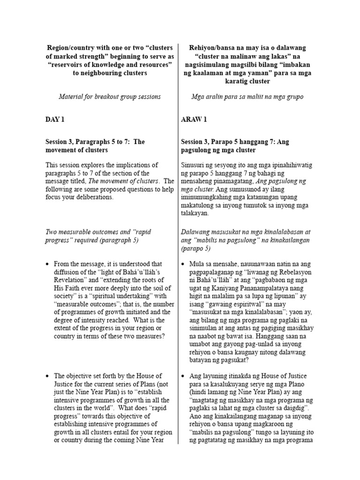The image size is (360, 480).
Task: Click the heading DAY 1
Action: [x=55, y=120]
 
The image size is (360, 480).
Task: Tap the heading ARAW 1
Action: [x=195, y=120]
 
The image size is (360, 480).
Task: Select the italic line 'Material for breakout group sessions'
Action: [x=110, y=97]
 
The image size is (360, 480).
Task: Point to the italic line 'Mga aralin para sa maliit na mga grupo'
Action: [x=247, y=97]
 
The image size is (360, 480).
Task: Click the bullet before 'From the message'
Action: [x=47, y=264]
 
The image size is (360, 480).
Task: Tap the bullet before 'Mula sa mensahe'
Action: [x=183, y=264]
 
